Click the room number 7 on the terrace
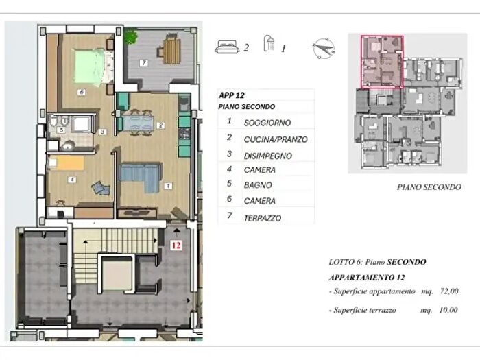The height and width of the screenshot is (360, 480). pyautogui.click(x=143, y=63)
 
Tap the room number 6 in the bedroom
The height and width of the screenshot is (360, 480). pyautogui.click(x=81, y=92)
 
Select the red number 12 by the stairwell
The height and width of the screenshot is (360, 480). pyautogui.click(x=176, y=245)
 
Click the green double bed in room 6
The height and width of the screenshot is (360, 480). pyautogui.click(x=89, y=67)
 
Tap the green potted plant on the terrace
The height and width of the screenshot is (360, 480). pyautogui.click(x=131, y=36)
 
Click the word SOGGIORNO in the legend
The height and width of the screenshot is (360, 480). pyautogui.click(x=267, y=123)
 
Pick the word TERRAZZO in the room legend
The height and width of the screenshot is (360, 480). pyautogui.click(x=263, y=218)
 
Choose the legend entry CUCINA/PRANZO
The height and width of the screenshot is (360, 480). pyautogui.click(x=276, y=140)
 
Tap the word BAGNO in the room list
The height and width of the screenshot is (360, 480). pyautogui.click(x=258, y=185)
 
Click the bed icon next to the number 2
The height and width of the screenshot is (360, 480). pyautogui.click(x=227, y=47)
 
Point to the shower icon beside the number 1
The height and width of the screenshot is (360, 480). pyautogui.click(x=269, y=43)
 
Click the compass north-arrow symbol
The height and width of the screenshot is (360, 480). pyautogui.click(x=324, y=49)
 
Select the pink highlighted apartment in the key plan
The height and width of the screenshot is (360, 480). pyautogui.click(x=382, y=62)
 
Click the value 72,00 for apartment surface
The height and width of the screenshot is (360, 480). pyautogui.click(x=449, y=291)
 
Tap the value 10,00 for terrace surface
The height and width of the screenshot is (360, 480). pyautogui.click(x=448, y=310)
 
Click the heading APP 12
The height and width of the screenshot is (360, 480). pyautogui.click(x=232, y=95)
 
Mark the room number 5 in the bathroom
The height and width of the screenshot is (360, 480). pyautogui.click(x=61, y=130)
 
